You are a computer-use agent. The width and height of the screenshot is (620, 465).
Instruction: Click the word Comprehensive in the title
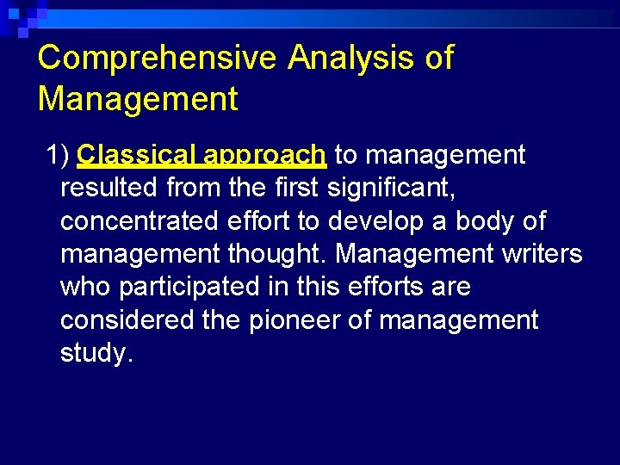pyautogui.click(x=158, y=59)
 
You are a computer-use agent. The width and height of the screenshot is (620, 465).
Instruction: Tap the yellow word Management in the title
pyautogui.click(x=138, y=99)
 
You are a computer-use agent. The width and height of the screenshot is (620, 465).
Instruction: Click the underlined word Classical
pyautogui.click(x=139, y=155)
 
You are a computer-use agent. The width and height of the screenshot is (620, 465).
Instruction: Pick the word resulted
pyautogui.click(x=109, y=188)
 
